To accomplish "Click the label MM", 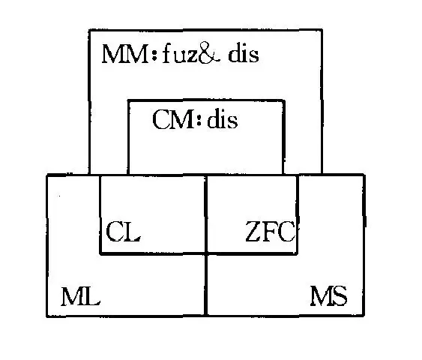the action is tap(125, 55).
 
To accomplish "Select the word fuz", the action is tap(181, 54).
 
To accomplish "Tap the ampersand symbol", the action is tap(209, 53).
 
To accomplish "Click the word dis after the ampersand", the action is tap(244, 54).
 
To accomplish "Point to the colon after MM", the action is tap(154, 54).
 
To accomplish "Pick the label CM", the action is tap(173, 119).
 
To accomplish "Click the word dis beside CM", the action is tap(223, 119).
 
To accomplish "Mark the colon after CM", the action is tap(199, 120).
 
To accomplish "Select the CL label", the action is tap(124, 231).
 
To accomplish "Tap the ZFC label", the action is tap(271, 231).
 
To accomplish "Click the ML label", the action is tap(80, 296).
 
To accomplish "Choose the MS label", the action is tap(328, 296).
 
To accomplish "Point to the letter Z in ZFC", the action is tap(253, 231).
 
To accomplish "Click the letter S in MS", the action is tap(340, 296).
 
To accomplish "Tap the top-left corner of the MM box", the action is tap(90, 31).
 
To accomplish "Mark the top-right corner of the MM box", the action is tap(322, 30).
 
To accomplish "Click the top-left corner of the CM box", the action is tap(128, 100).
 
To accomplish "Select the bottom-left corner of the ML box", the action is tap(47, 316).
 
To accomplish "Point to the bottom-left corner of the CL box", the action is tap(100, 253).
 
